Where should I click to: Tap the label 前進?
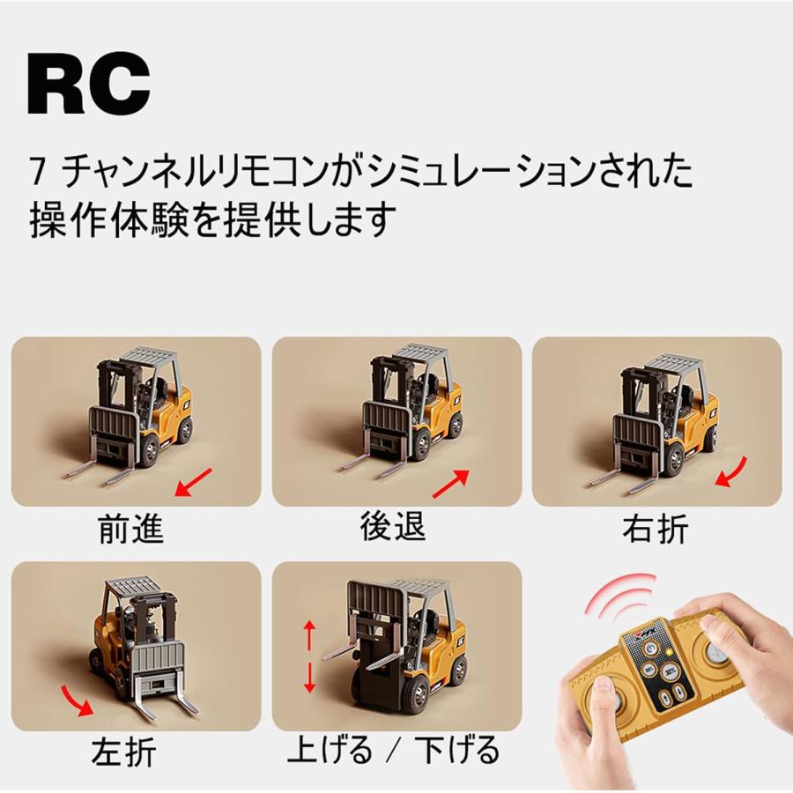(x=131, y=530)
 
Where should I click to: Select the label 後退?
(x=393, y=526)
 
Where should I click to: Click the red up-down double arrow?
(x=309, y=656)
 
